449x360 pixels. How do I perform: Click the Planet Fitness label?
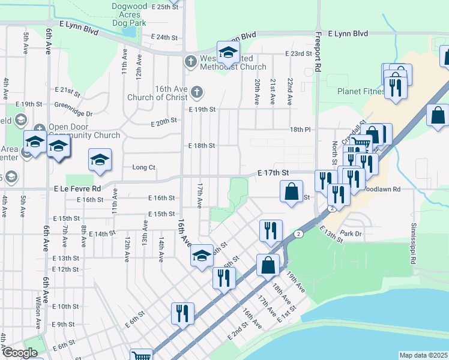point(361,92)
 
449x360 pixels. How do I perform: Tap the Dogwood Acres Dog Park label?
point(130,16)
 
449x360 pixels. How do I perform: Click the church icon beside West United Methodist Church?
point(190,61)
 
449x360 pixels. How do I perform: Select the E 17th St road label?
point(273,172)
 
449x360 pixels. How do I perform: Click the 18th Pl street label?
point(300,130)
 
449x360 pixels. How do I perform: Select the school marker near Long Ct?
point(100,160)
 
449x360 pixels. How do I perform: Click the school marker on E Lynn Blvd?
point(228,53)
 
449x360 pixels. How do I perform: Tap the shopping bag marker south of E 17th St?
point(291,192)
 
